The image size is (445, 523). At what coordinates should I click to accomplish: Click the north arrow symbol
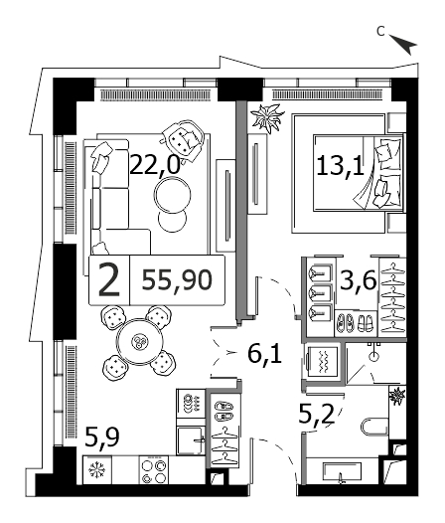pyautogui.click(x=404, y=44)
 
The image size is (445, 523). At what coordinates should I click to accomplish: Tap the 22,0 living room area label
pyautogui.click(x=155, y=165)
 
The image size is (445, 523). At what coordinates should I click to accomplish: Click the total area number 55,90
pyautogui.click(x=177, y=280)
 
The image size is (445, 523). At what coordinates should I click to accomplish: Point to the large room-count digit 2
pyautogui.click(x=109, y=280)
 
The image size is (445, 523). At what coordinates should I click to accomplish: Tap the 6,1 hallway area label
pyautogui.click(x=265, y=354)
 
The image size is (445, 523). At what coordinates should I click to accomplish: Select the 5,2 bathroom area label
pyautogui.click(x=316, y=415)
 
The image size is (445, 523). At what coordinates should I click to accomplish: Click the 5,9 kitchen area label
pyautogui.click(x=102, y=437)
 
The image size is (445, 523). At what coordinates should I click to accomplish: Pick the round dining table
pyautogui.click(x=140, y=342)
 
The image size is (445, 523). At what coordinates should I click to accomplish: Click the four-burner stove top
pyautogui.click(x=154, y=471)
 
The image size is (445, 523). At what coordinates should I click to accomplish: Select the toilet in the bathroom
pyautogui.click(x=375, y=426)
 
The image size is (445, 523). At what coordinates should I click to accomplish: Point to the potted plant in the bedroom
pyautogui.click(x=267, y=118)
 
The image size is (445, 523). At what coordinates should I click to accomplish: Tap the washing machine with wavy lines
pyautogui.click(x=323, y=363)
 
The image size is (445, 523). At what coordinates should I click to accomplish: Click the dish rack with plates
pyautogui.click(x=191, y=403)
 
